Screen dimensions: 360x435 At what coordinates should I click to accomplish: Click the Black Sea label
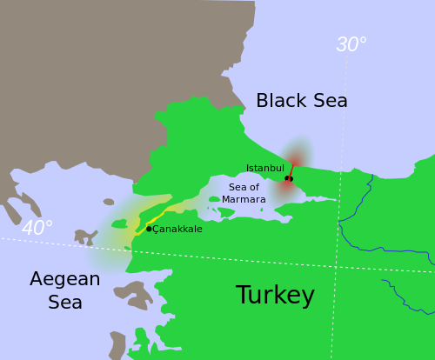(x=301, y=101)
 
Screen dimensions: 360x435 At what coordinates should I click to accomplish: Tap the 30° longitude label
(x=351, y=45)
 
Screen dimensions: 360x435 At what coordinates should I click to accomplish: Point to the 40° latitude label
(x=37, y=229)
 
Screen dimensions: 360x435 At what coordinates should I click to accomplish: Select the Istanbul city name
(x=264, y=168)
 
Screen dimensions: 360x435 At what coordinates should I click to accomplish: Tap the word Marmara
(x=244, y=199)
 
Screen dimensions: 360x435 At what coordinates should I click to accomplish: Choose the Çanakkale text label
(x=178, y=230)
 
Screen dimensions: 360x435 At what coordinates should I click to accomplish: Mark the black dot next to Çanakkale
(x=149, y=229)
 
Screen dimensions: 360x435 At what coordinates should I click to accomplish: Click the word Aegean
(x=64, y=279)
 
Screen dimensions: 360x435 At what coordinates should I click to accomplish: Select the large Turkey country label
(x=275, y=296)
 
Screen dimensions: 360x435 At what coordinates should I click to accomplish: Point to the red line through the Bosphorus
(x=292, y=169)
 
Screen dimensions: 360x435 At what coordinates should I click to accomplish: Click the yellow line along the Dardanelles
(x=161, y=214)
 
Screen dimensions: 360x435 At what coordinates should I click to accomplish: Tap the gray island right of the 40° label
(x=85, y=236)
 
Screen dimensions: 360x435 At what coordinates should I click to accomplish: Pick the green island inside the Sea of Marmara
(x=215, y=199)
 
